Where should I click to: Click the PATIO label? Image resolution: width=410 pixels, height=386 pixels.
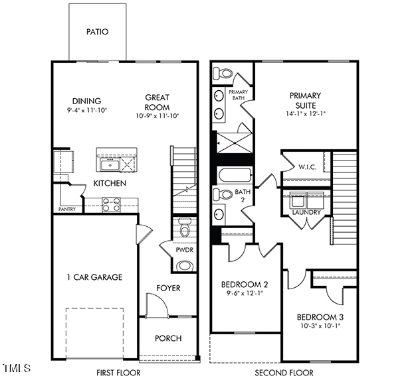(x=97, y=31)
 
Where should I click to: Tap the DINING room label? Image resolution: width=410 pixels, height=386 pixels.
(x=86, y=100)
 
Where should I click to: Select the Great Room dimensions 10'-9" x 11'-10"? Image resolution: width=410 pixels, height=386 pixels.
(x=158, y=115)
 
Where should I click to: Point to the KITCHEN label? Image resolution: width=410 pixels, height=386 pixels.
(x=110, y=183)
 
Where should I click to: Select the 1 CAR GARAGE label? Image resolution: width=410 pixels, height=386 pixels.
(x=94, y=277)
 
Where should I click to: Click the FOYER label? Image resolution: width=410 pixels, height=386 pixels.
(x=168, y=289)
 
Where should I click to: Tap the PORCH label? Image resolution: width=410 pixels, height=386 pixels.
(x=168, y=338)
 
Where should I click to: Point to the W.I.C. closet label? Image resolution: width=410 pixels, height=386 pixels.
(x=306, y=166)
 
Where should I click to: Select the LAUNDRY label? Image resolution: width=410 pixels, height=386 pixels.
(x=306, y=212)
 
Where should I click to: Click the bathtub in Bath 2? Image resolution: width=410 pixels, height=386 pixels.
(x=234, y=176)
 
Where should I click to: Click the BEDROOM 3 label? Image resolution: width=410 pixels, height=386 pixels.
(x=320, y=316)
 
